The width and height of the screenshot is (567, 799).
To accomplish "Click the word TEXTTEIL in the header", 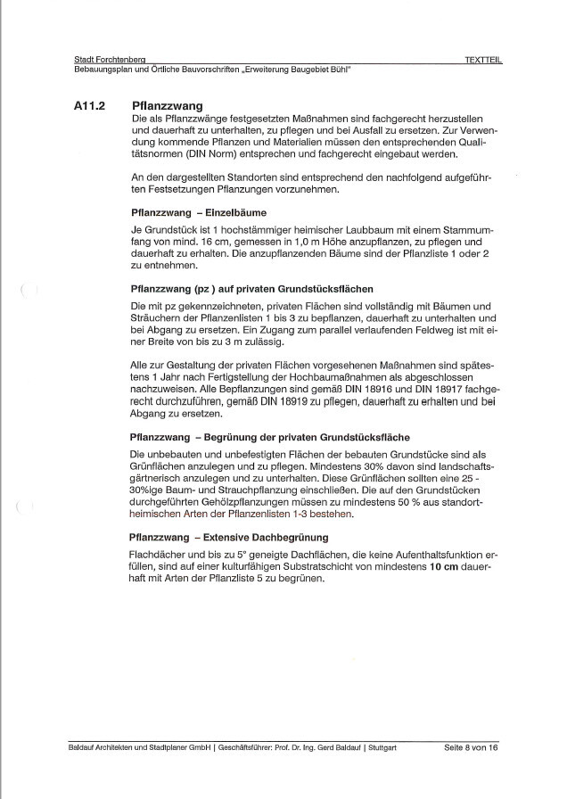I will (483, 60).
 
